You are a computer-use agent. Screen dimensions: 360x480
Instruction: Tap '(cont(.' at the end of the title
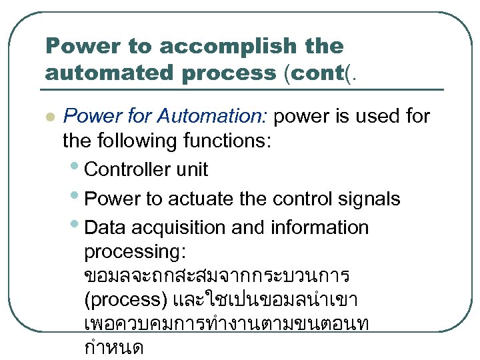point(320,72)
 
